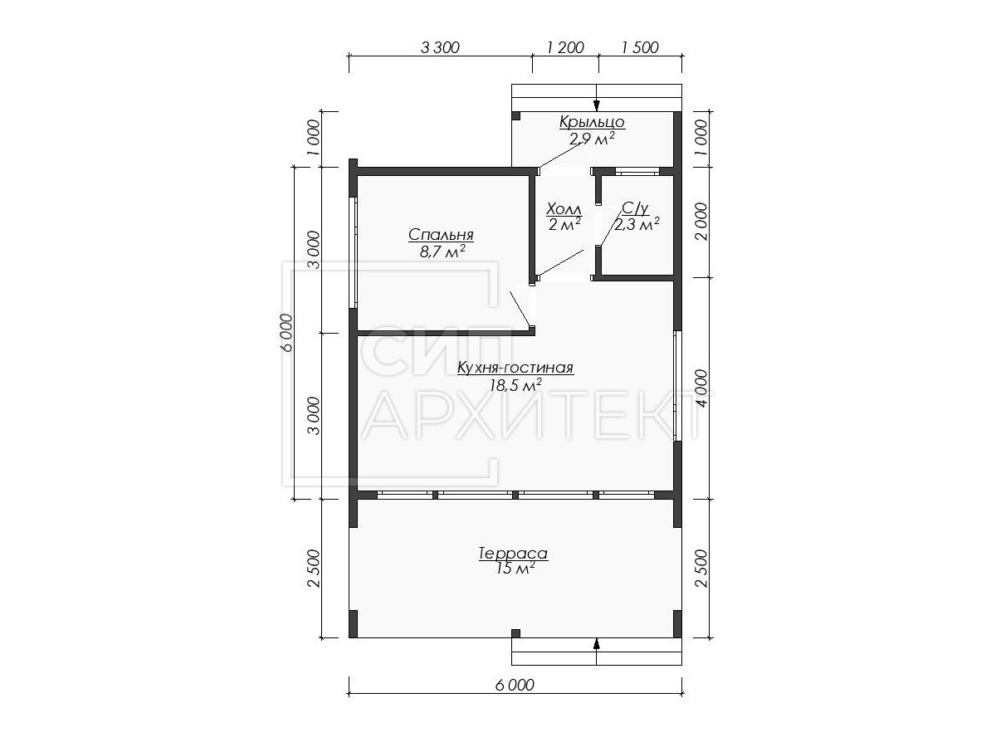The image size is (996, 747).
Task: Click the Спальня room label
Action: click(441, 235)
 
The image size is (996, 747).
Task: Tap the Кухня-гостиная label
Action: click(515, 368)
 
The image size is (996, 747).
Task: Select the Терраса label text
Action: click(513, 554)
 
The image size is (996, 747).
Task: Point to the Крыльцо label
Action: click(592, 122)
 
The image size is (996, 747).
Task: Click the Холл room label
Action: click(564, 209)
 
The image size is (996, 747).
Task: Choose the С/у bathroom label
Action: click(635, 208)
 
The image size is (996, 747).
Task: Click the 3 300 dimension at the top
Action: click(440, 47)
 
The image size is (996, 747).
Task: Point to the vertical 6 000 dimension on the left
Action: click(287, 333)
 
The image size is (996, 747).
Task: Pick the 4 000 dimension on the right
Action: click(701, 388)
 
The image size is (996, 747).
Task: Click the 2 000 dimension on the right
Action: click(701, 222)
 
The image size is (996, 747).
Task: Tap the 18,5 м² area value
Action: click(515, 385)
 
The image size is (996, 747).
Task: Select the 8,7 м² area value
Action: click(442, 252)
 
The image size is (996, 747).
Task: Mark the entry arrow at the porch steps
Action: click(596, 105)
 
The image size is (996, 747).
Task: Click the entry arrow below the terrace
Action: click(596, 644)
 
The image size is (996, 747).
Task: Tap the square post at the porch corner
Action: click(515, 116)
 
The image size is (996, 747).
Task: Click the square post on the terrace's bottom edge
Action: click(515, 633)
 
